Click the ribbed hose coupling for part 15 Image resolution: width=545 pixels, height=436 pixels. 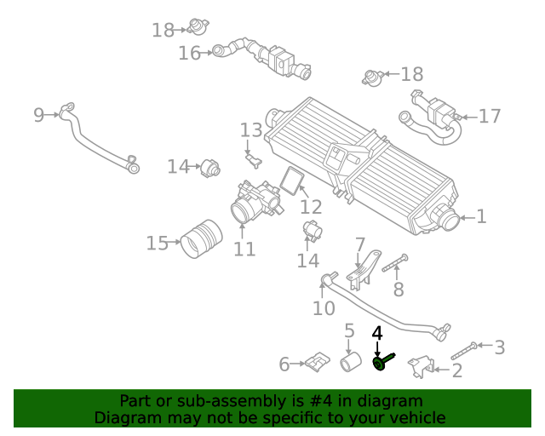[200, 238]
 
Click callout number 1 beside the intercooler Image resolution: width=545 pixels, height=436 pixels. [481, 217]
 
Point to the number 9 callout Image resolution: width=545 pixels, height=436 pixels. [38, 115]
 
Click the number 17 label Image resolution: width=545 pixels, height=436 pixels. [490, 116]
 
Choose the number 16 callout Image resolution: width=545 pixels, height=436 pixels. [188, 53]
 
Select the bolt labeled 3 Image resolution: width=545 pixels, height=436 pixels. [461, 349]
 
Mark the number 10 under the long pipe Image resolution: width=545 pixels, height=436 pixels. [324, 307]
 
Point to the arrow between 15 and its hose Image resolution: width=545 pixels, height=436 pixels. [175, 244]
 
